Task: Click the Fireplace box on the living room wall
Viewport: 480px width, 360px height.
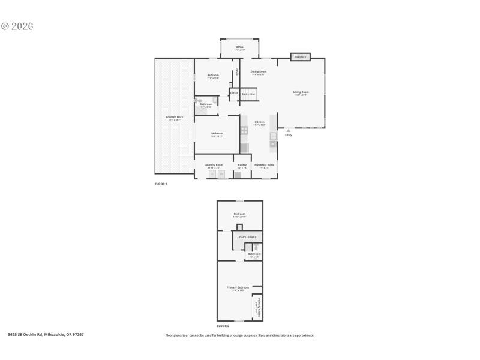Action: click(x=300, y=57)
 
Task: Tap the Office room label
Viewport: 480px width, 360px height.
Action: click(x=239, y=47)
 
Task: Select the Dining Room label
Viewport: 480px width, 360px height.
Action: click(x=259, y=71)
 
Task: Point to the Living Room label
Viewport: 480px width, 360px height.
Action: click(x=301, y=92)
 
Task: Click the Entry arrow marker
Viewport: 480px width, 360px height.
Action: click(x=289, y=130)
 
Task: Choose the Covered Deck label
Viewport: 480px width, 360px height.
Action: click(x=175, y=117)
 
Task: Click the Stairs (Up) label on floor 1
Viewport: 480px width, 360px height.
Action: click(x=248, y=94)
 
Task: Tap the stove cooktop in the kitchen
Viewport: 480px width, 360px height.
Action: click(x=244, y=130)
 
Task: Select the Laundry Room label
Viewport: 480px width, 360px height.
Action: click(x=214, y=165)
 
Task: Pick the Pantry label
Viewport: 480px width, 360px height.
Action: click(x=242, y=165)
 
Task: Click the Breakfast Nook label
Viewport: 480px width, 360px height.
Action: click(x=264, y=165)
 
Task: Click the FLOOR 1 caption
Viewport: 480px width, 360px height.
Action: click(x=161, y=184)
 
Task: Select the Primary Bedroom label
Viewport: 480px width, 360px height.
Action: click(x=238, y=288)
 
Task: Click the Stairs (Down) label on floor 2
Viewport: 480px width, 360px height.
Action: click(x=247, y=237)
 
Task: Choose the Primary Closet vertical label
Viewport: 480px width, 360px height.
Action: click(x=259, y=307)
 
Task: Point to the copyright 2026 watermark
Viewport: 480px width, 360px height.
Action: click(x=17, y=26)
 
